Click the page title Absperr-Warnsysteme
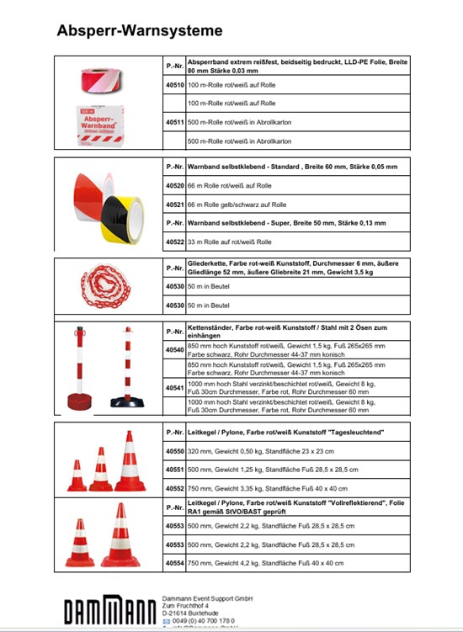tap(139, 31)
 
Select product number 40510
tap(174, 85)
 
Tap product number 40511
tap(174, 122)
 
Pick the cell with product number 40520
tap(174, 185)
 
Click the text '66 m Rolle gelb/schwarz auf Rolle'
tap(237, 204)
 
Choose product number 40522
tap(174, 242)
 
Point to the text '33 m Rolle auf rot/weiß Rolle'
tap(230, 242)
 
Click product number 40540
tap(174, 349)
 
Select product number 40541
tap(174, 388)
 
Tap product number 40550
tap(174, 451)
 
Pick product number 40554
tap(174, 562)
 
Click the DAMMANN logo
tap(109, 611)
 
